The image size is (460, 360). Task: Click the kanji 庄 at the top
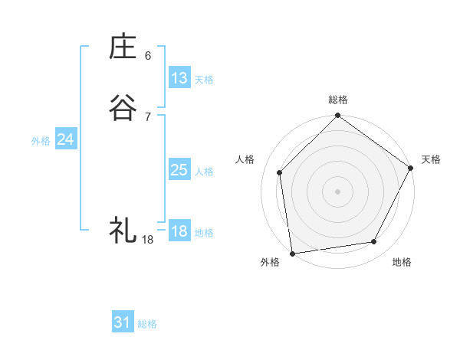123,47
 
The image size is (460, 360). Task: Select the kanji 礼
123,229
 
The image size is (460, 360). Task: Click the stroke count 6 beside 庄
148,56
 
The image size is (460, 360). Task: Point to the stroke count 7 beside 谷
148,117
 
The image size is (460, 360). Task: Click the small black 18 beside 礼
148,239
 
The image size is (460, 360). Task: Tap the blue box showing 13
179,78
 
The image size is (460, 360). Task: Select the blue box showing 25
179,170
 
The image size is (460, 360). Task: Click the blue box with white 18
179,231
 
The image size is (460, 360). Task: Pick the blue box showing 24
66,139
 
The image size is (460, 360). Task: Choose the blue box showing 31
123,322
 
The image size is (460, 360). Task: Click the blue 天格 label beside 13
204,80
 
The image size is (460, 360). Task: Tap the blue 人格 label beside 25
204,172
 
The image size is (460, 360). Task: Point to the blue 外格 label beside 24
41,141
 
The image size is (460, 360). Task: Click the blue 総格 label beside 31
147,324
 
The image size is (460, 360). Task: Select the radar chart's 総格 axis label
338,100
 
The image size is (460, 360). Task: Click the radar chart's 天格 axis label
431,159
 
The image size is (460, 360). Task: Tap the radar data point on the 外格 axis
292,252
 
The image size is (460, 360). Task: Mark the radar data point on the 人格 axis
280,172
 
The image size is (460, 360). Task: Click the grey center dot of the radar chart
337,191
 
